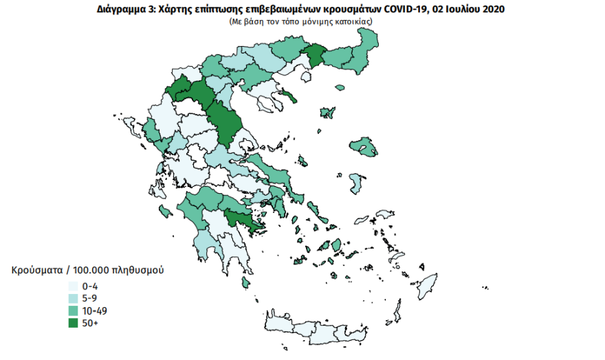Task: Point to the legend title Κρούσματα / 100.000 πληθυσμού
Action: (87, 270)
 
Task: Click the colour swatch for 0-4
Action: (72, 286)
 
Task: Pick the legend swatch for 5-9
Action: (72, 299)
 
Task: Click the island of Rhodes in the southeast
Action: (429, 284)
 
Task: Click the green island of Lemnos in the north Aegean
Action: (327, 113)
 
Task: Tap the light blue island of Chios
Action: (356, 183)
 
